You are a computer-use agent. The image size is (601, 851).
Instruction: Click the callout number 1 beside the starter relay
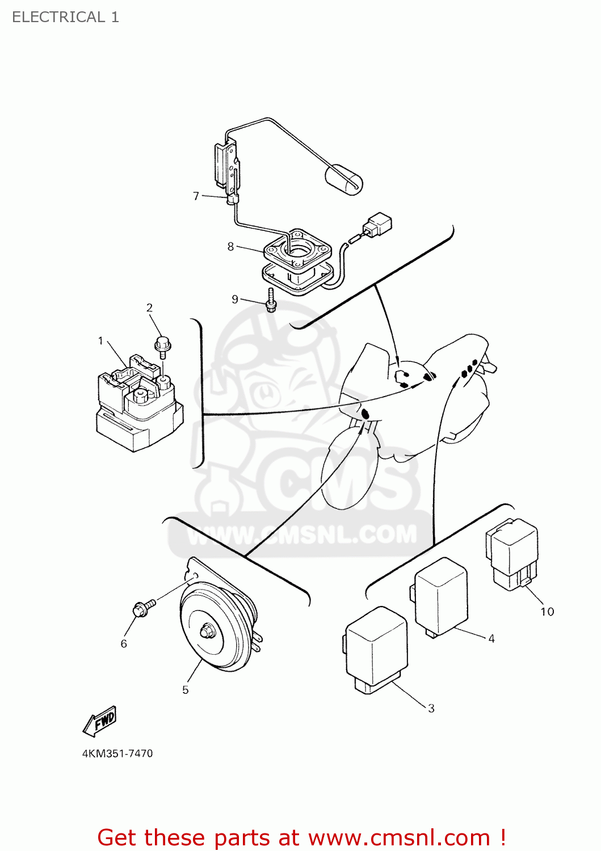click(100, 341)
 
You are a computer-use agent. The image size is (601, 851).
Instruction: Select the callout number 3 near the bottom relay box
click(431, 708)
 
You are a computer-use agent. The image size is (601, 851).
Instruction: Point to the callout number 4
click(491, 638)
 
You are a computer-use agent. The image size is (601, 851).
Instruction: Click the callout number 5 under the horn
click(185, 690)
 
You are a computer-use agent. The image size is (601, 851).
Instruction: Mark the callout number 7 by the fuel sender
click(196, 196)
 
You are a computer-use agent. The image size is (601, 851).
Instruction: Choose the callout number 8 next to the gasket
click(230, 246)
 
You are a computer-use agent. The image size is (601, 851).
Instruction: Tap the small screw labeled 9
click(271, 300)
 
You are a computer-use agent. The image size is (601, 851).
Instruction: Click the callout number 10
click(547, 612)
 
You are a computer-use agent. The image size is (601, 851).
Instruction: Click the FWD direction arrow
click(100, 722)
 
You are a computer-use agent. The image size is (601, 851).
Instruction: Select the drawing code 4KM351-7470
click(117, 753)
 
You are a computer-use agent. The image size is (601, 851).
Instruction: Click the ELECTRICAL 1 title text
click(65, 17)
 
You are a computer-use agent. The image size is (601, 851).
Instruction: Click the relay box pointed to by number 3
click(376, 647)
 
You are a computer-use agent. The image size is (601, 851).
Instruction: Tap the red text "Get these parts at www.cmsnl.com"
click(301, 837)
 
